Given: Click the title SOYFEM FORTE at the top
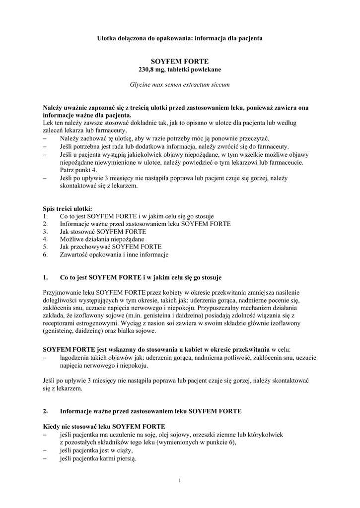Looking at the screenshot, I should click(180, 61).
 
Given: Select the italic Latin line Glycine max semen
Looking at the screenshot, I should click(180, 85).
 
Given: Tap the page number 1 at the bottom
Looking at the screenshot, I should click(180, 481).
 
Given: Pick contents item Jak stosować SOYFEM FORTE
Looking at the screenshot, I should click(103, 232).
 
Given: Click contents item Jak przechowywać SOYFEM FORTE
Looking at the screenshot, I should click(110, 247).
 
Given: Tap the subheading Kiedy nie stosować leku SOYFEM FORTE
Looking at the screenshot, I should click(104, 427).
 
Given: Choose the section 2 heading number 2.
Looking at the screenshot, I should click(45, 411).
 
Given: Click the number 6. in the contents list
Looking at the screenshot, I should click(45, 254).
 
